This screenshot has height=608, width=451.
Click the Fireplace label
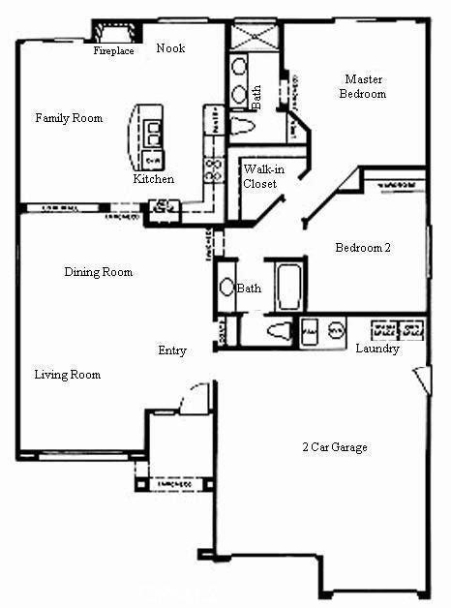(x=113, y=51)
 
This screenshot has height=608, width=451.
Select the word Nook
(x=170, y=48)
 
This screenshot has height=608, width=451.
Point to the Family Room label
(x=69, y=118)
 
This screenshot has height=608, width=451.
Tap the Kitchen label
(x=154, y=179)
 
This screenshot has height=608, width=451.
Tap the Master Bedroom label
(x=363, y=86)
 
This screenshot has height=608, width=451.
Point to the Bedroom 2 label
(x=363, y=248)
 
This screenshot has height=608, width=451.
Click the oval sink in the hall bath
(x=226, y=288)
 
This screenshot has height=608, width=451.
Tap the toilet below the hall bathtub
(x=278, y=331)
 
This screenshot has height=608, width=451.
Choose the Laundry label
(x=377, y=349)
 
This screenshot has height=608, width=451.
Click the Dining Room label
(x=99, y=272)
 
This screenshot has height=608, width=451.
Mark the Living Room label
(x=68, y=375)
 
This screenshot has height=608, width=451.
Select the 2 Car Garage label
(x=334, y=447)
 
